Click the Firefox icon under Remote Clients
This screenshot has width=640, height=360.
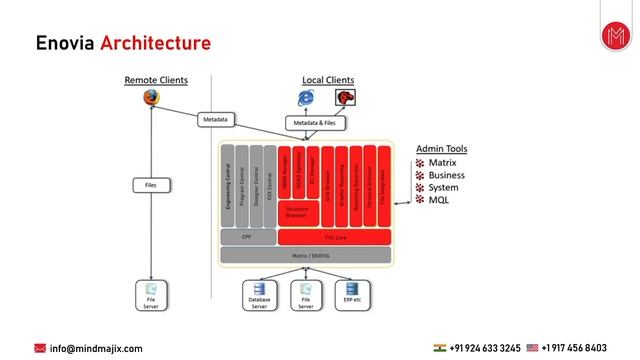click(x=151, y=97)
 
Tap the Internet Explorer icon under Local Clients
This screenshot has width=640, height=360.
click(x=306, y=98)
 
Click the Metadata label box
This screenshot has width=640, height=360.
click(x=216, y=119)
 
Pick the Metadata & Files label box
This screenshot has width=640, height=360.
click(x=314, y=123)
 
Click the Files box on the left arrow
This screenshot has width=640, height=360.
click(x=151, y=185)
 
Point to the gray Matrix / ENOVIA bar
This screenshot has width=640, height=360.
click(x=307, y=256)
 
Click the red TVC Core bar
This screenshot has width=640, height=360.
click(x=334, y=237)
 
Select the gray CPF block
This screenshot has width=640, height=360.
click(x=247, y=237)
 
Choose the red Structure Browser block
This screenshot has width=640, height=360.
click(x=296, y=211)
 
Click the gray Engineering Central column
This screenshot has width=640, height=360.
click(x=228, y=186)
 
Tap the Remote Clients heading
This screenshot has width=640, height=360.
click(x=155, y=80)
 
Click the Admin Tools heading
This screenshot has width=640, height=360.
click(x=441, y=149)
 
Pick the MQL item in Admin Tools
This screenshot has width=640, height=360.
click(x=438, y=200)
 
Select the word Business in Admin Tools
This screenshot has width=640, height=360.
click(x=446, y=175)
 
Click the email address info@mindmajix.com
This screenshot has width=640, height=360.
click(x=96, y=348)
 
